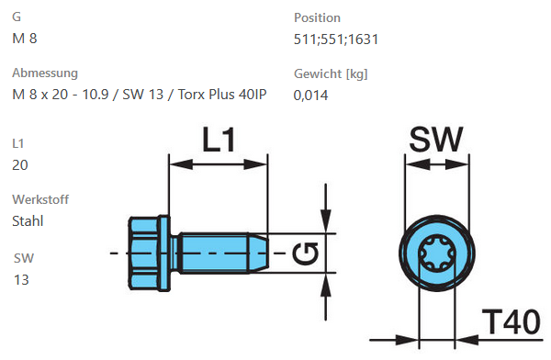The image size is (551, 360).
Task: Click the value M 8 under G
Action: point(24,39)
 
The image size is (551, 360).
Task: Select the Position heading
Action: point(317,17)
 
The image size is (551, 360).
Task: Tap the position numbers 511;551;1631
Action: point(336,39)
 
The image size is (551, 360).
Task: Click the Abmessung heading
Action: point(45,73)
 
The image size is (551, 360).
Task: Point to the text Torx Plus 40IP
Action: point(222,95)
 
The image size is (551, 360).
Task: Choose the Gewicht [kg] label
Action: point(331,73)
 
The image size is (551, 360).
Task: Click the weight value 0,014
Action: point(310,96)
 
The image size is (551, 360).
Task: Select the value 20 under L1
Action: point(20,165)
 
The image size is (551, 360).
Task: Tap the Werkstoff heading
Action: point(40,199)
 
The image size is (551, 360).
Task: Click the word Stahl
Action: point(28,221)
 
